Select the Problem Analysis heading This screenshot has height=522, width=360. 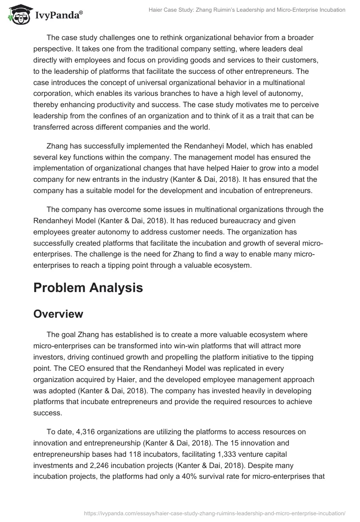pyautogui.click(x=88, y=288)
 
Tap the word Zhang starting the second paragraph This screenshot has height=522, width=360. pyautogui.click(x=57, y=146)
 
